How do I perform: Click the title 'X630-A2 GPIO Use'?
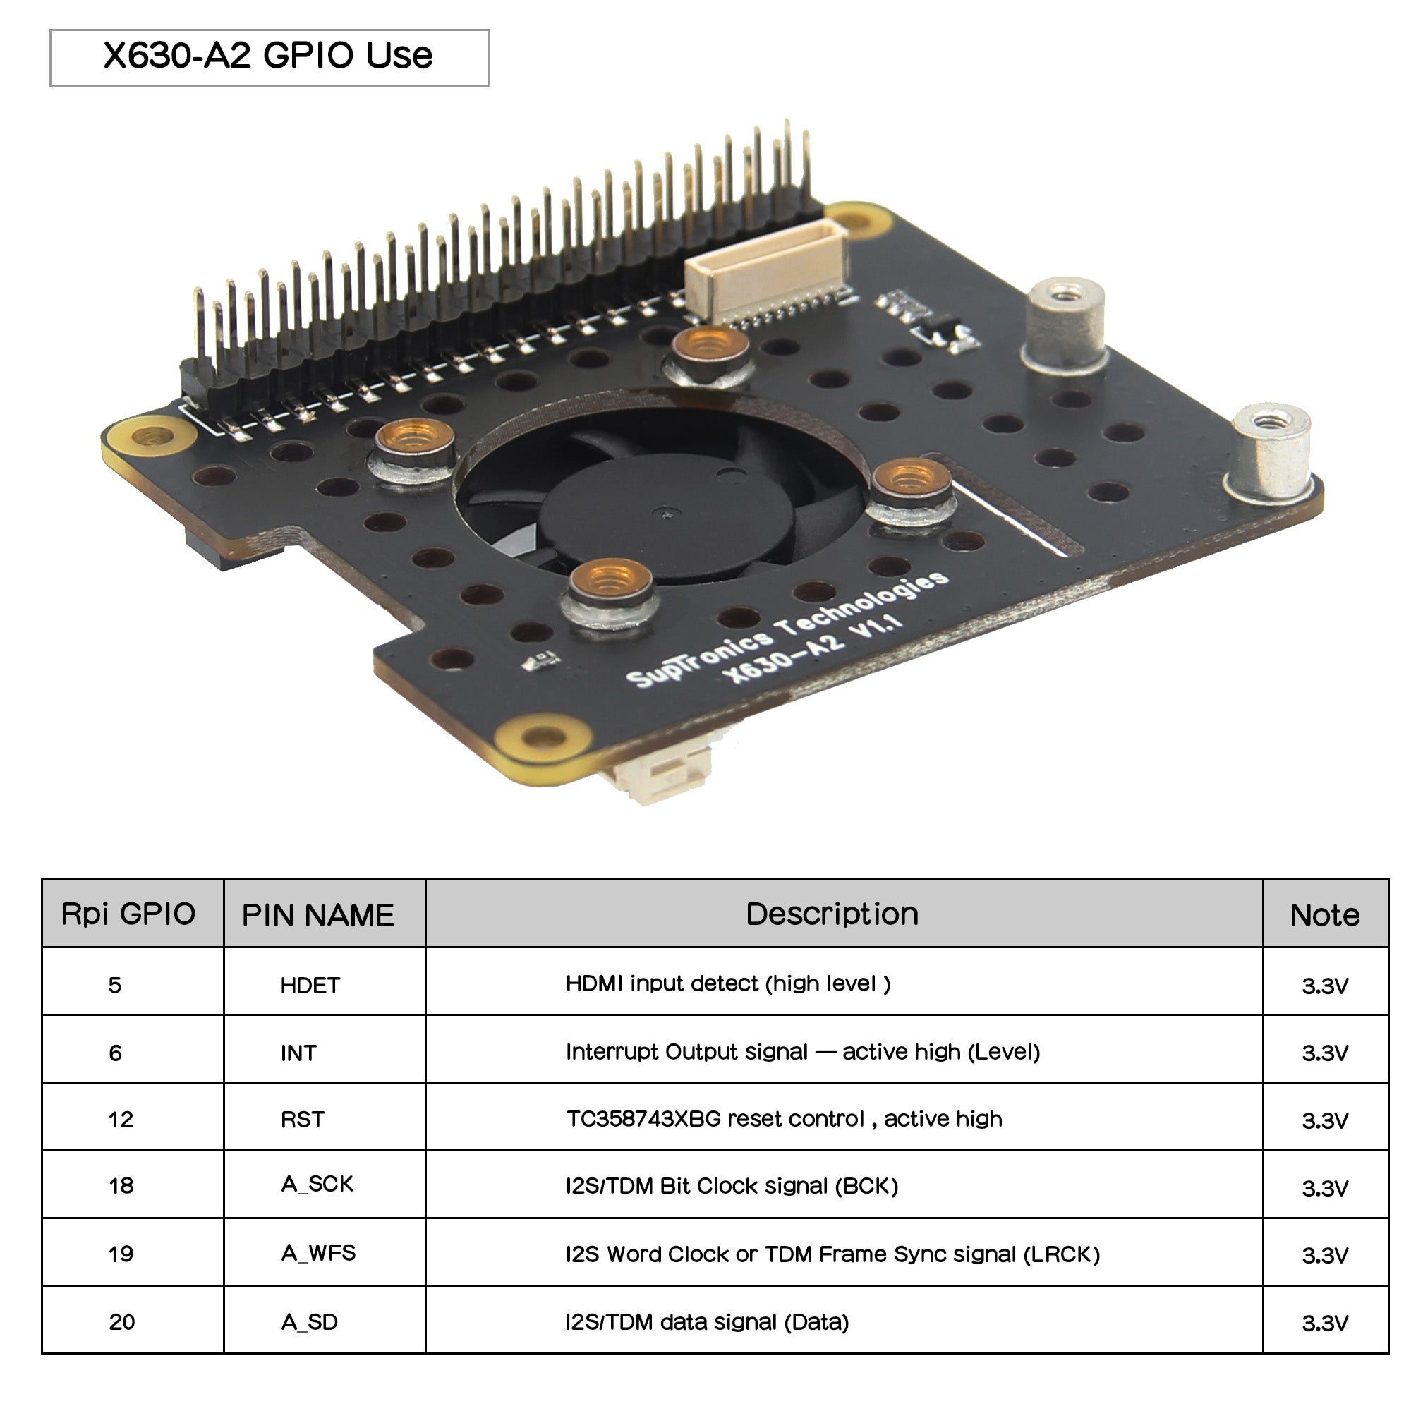[268, 56]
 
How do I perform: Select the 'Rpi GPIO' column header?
[128, 914]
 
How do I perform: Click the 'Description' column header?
[832, 914]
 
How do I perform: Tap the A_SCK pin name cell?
[317, 1185]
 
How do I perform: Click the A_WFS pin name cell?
[318, 1254]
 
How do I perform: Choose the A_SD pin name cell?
[310, 1323]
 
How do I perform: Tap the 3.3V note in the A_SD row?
[1324, 1324]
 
